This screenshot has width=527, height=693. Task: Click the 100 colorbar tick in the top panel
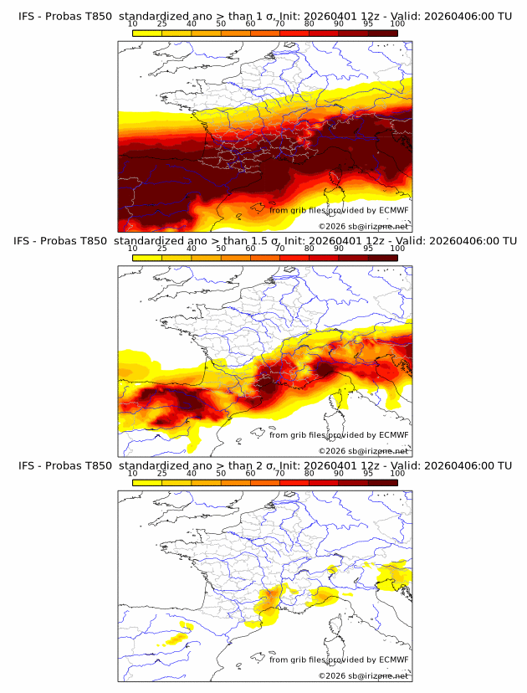point(397,24)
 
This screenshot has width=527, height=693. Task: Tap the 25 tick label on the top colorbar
point(161,24)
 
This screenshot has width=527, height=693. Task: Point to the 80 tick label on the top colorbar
point(310,24)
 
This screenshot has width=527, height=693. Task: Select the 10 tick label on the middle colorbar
point(132,249)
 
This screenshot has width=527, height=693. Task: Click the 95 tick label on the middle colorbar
point(368,249)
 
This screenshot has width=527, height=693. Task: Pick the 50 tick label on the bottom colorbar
point(221,473)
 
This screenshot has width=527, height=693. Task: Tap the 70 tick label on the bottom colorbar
point(279,473)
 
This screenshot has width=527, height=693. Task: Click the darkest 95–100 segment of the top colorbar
point(382,33)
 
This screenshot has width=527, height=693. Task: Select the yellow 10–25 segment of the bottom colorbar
point(147,481)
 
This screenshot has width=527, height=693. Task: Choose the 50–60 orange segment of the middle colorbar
point(235,257)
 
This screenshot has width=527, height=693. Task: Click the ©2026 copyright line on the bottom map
point(364,675)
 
